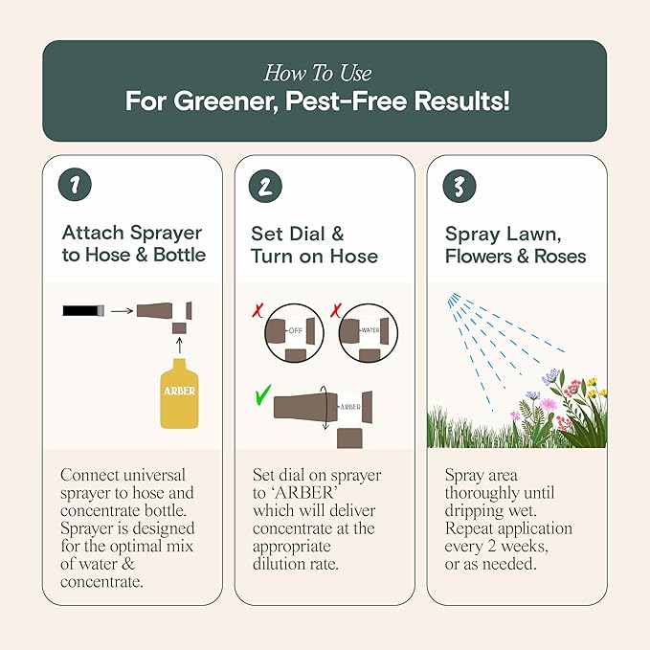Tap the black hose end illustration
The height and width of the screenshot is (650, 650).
pos(81,311)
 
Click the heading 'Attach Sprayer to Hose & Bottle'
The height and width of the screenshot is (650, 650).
pos(133,244)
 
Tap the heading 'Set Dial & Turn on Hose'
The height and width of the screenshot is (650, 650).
pos(314,244)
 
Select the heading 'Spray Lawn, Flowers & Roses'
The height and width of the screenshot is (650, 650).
pos(515,244)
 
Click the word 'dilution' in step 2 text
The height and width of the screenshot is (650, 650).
pos(286,565)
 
